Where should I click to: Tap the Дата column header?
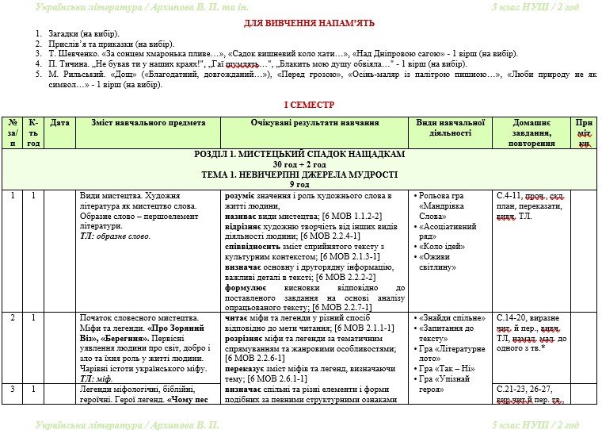(x=59, y=123)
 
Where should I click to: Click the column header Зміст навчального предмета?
(x=148, y=123)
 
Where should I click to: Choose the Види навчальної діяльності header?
(x=450, y=128)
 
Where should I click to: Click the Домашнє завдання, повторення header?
(x=532, y=133)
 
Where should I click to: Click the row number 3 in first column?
(x=13, y=389)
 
